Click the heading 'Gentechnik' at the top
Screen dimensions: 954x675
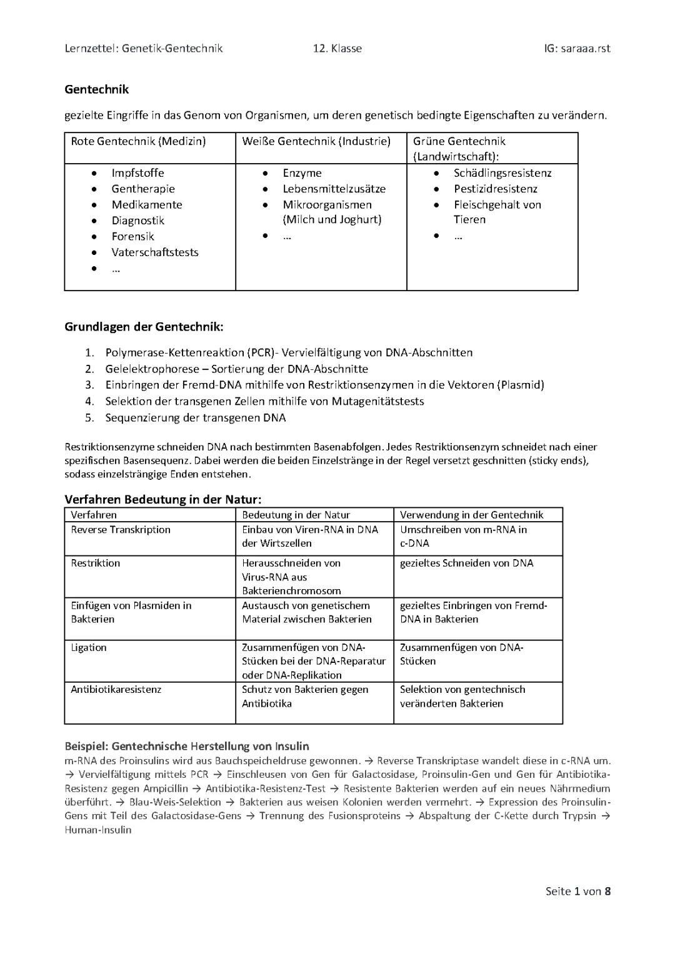point(96,89)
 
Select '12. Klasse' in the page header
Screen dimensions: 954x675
point(337,48)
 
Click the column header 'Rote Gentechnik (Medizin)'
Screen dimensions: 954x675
point(138,141)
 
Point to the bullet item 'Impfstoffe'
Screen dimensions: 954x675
point(137,173)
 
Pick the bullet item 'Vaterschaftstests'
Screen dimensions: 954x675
point(155,252)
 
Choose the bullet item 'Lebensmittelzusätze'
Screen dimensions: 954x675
point(334,189)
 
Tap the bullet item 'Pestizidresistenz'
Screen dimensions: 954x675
point(495,189)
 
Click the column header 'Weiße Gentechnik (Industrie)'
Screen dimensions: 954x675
point(316,141)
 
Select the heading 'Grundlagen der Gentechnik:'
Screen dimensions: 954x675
point(144,327)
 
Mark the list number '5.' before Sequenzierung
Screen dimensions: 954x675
point(89,418)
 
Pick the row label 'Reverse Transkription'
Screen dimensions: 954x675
point(121,530)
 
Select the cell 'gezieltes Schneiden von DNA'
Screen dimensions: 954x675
point(466,563)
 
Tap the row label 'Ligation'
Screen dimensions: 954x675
point(89,647)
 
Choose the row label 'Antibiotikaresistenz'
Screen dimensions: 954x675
point(116,689)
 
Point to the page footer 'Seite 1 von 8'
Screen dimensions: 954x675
point(577,891)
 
